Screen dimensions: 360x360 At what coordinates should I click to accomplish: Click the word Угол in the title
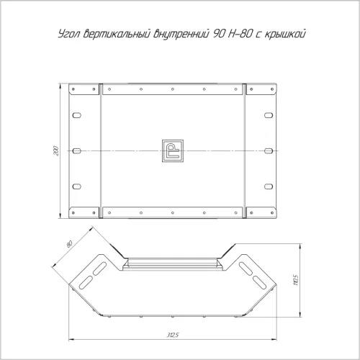69,34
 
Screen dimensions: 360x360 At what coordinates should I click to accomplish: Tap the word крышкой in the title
285,34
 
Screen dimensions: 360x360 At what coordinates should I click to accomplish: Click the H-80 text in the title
240,34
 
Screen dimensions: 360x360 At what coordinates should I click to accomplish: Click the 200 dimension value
56,150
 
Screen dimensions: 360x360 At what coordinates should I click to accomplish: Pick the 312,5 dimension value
173,335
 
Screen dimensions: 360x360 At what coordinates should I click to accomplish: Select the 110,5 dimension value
295,280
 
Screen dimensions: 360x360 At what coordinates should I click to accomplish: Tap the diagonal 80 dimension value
69,243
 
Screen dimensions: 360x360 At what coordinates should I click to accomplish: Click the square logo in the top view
173,150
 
